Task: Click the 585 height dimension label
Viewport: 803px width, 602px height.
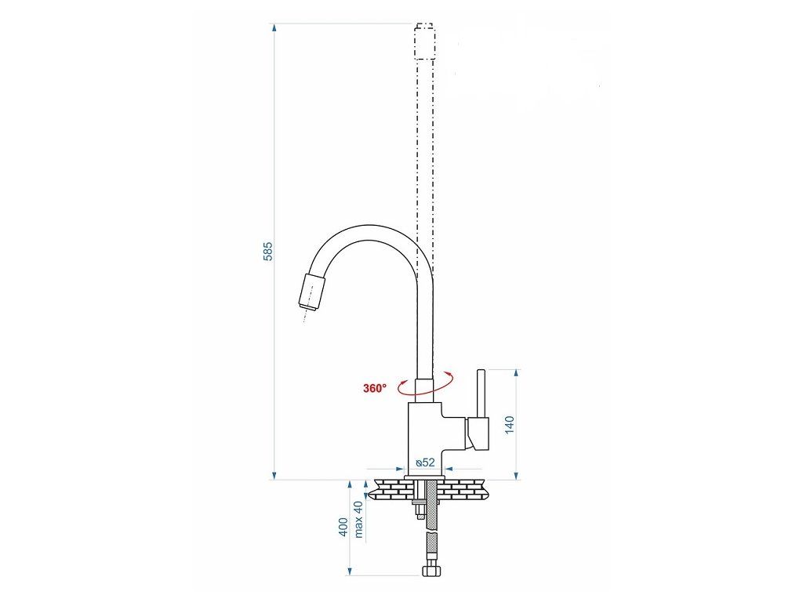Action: tap(268, 251)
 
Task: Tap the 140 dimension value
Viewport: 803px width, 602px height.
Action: tap(510, 425)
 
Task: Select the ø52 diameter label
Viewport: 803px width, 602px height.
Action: tap(425, 462)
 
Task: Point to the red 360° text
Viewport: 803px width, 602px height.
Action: tap(375, 388)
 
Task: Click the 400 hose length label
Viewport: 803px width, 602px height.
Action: tap(343, 527)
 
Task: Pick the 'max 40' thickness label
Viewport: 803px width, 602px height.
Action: tap(358, 519)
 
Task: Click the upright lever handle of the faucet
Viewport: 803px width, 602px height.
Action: tap(481, 393)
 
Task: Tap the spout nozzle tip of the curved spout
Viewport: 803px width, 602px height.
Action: tap(311, 292)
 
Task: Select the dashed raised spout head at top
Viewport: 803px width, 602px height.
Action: tap(425, 41)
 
